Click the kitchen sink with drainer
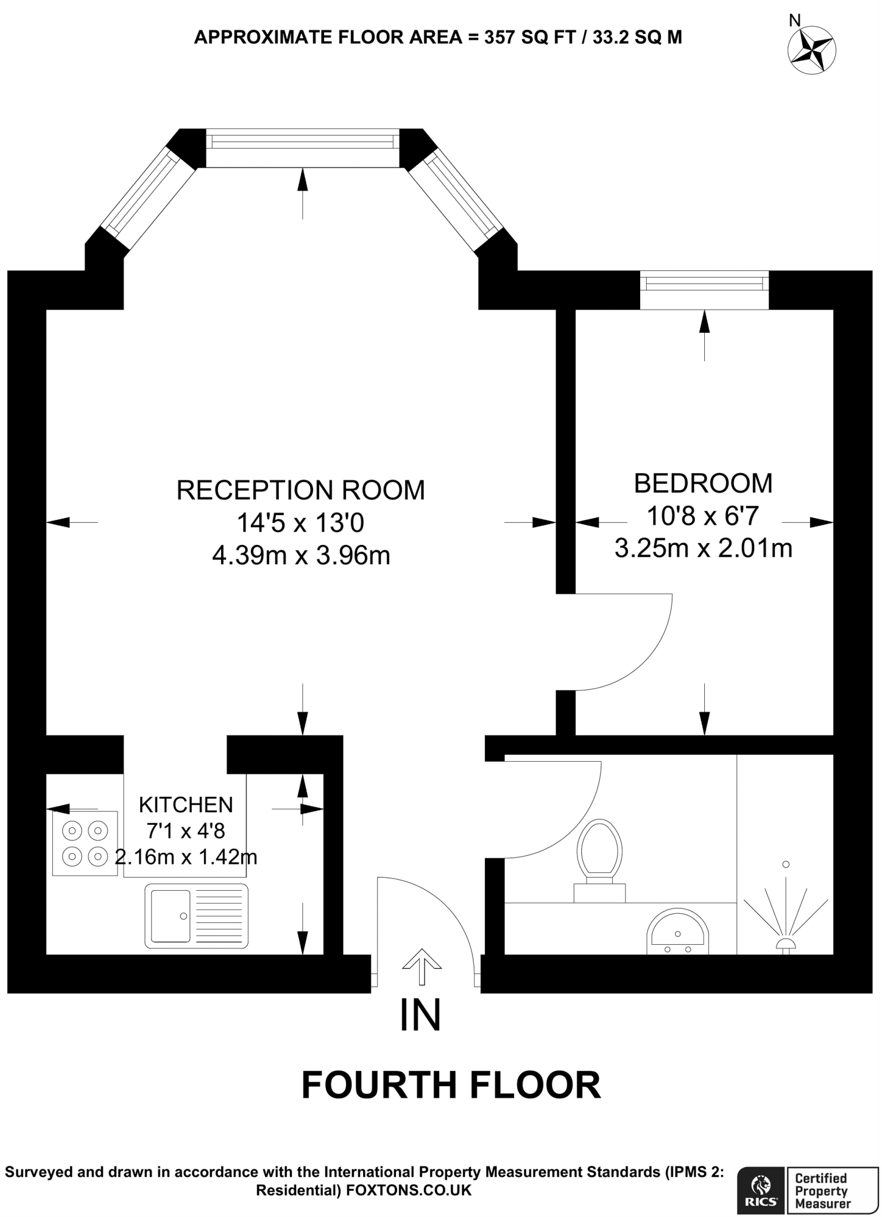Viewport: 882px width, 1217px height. (196, 916)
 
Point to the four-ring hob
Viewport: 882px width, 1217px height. (85, 843)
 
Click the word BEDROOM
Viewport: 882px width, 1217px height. (703, 483)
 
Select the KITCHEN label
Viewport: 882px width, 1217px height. (185, 805)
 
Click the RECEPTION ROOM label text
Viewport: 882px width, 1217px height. (301, 490)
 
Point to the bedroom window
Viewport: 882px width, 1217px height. (704, 289)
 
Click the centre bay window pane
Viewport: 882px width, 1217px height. (303, 148)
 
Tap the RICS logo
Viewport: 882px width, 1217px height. (762, 1185)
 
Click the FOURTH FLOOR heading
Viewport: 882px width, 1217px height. (451, 1086)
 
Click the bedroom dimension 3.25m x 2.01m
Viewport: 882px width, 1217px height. (703, 548)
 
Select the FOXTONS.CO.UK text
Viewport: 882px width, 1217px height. (408, 1190)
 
